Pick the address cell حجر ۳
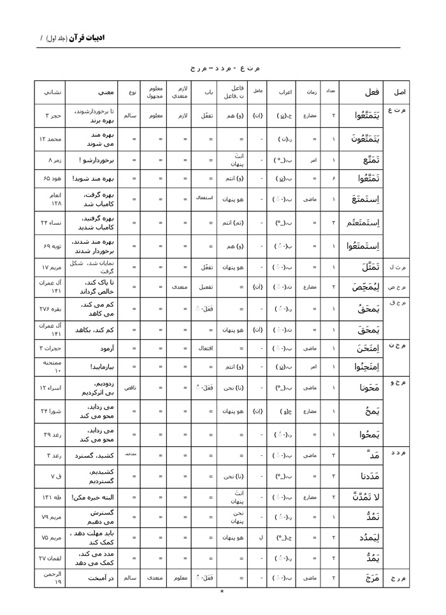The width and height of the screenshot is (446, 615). click(x=52, y=116)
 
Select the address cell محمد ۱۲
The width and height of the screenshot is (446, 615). click(x=52, y=139)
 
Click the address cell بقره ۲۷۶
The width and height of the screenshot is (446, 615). click(x=52, y=308)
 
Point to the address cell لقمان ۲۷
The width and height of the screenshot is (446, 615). click(x=52, y=558)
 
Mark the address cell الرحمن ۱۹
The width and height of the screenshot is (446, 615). click(x=52, y=578)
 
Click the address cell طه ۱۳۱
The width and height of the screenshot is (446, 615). click(x=52, y=497)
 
